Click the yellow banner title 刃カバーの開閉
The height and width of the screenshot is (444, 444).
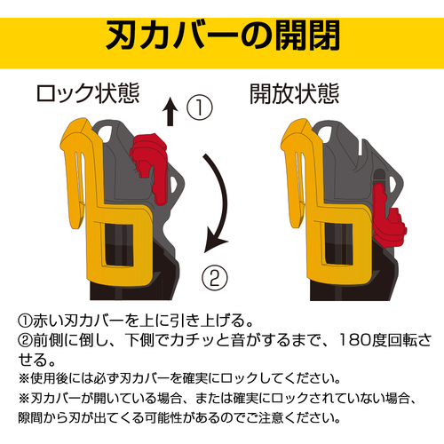click(x=223, y=36)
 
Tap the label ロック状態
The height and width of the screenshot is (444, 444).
click(x=88, y=93)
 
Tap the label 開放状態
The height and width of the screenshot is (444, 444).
click(x=295, y=93)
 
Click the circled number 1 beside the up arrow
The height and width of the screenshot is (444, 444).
click(x=200, y=107)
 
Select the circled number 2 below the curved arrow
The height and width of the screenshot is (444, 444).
click(x=215, y=277)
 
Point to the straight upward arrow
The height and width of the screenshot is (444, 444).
click(x=170, y=112)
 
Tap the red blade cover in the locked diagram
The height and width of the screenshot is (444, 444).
click(x=149, y=167)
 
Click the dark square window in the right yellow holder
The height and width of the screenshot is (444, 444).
click(x=339, y=243)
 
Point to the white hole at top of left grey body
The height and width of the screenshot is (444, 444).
click(x=106, y=132)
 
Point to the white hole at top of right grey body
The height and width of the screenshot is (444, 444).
click(x=325, y=132)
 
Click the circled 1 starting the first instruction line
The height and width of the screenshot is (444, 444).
click(x=25, y=321)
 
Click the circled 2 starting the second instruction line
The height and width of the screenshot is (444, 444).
click(x=25, y=340)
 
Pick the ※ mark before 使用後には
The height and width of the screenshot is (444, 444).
click(x=24, y=378)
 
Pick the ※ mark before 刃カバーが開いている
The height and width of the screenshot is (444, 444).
click(x=24, y=399)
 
